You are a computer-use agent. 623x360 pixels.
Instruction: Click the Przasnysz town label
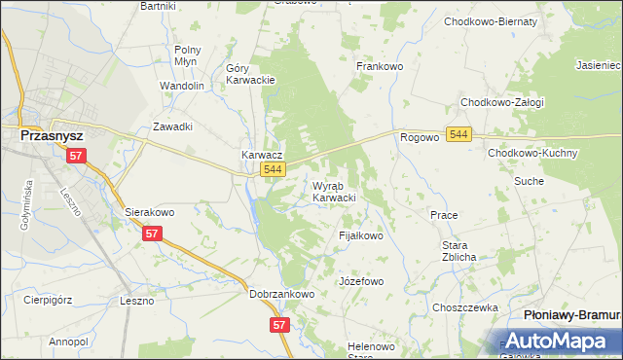coord(56,137)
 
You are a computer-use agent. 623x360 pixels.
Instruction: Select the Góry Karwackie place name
coord(250,74)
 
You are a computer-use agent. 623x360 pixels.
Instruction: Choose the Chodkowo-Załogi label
coord(502,102)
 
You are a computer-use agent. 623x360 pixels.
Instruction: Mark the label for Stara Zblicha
coord(458,251)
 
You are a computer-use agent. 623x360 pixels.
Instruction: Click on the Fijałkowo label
coord(360,235)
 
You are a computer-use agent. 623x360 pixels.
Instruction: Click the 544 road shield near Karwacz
coord(274,170)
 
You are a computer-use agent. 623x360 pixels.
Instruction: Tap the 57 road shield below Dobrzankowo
coord(280,325)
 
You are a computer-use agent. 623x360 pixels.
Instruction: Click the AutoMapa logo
coord(558,341)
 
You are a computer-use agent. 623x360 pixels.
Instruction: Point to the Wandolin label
coord(182,86)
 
